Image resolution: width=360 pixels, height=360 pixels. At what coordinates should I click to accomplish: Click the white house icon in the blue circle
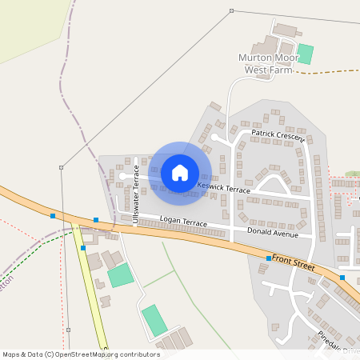[x=180, y=172]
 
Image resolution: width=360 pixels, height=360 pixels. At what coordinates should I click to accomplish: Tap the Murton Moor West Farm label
[x=266, y=64]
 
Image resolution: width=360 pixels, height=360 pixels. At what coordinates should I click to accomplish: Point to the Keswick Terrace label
[x=224, y=188]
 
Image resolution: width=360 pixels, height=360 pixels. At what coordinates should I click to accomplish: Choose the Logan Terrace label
[x=183, y=218]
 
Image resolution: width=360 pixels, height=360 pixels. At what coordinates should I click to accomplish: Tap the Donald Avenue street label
[x=273, y=232]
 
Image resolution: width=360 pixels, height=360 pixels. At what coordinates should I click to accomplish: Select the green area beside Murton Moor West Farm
[x=305, y=54]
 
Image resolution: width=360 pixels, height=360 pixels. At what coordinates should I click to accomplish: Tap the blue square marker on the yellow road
[x=83, y=248]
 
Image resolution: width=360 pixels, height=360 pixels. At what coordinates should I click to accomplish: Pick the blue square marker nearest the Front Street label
[x=269, y=258]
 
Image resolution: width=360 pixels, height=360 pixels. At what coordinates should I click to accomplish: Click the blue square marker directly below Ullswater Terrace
[x=96, y=219]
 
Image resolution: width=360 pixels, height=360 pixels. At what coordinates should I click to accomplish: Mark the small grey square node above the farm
[x=231, y=10]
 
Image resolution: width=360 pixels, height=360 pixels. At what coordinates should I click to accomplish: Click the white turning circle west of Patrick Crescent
[x=215, y=138]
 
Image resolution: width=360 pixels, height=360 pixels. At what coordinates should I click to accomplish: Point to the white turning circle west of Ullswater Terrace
[x=122, y=174]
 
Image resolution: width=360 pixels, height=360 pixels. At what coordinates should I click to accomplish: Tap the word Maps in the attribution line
[x=12, y=354]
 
